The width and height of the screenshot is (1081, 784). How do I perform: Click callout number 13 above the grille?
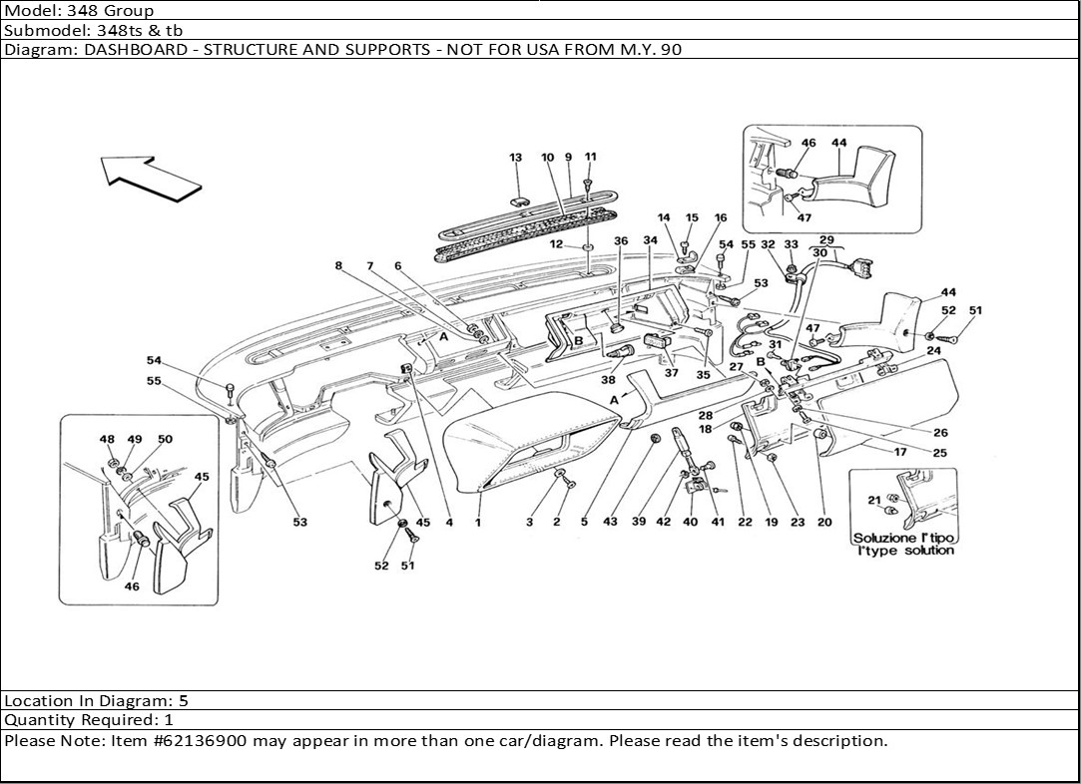pos(516,159)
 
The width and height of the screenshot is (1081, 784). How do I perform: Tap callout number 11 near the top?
pos(590,158)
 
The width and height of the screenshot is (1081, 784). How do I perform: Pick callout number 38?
pos(609,380)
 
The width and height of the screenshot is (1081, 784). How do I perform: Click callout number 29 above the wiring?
pos(825,240)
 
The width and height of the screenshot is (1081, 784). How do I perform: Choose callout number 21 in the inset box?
pos(873,500)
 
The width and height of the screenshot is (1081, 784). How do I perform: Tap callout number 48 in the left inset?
pos(107,440)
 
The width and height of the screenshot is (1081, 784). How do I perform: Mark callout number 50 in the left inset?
pos(165,440)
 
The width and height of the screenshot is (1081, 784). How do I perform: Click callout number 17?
pos(899,451)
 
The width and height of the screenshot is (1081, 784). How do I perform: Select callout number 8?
pos(339,266)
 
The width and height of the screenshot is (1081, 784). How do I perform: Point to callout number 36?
pos(620,241)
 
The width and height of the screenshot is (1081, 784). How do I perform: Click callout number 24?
pos(934,351)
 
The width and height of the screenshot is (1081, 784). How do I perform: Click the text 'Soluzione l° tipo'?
pos(903,538)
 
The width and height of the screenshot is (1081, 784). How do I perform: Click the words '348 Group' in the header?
pos(118,11)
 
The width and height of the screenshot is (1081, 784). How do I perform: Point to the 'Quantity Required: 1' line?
pos(89,719)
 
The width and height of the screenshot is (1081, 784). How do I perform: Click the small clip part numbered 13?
pos(519,198)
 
